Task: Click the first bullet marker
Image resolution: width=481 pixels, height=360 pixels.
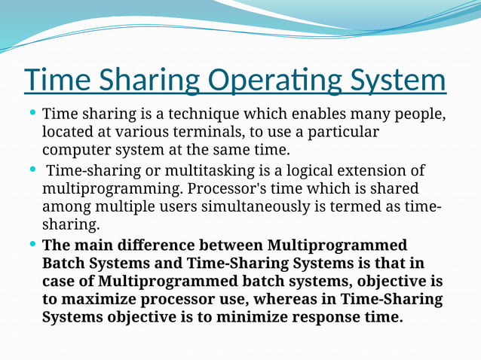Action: (32, 114)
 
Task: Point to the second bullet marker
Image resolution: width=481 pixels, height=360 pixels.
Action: (32, 168)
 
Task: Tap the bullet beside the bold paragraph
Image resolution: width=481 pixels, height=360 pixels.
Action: (32, 244)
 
